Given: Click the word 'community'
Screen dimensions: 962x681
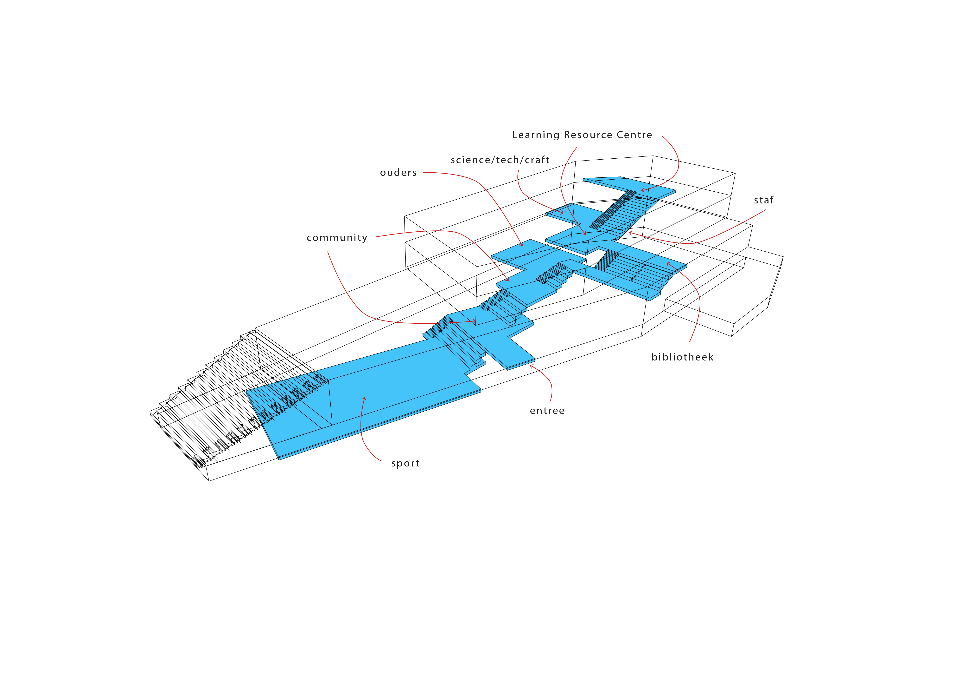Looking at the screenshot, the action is pos(337,238).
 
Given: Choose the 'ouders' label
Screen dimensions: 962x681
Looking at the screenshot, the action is pos(398,173).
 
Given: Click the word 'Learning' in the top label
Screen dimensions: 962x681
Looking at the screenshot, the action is pos(536,135).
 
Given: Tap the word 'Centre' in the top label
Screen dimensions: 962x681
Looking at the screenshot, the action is pos(635,135).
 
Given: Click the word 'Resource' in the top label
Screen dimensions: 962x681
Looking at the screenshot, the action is pos(588,135).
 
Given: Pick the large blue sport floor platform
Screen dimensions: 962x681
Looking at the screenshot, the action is pos(369,398).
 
